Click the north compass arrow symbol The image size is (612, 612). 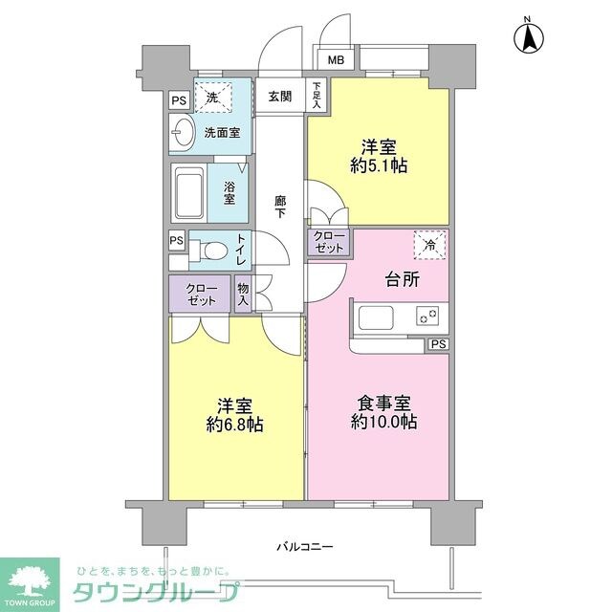click(x=528, y=38)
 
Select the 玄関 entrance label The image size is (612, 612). click(x=279, y=96)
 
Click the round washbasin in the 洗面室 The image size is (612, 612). click(x=181, y=134)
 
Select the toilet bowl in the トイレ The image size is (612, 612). click(x=212, y=251)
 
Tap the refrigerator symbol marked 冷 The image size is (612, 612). click(x=429, y=246)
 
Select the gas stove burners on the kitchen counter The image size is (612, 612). click(x=426, y=315)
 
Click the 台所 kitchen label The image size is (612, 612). click(x=404, y=281)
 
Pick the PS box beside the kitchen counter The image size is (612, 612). click(x=437, y=344)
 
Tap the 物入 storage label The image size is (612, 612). click(x=243, y=294)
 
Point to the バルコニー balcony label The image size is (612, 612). click(x=304, y=546)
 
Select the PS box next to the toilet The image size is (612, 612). click(x=176, y=241)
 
